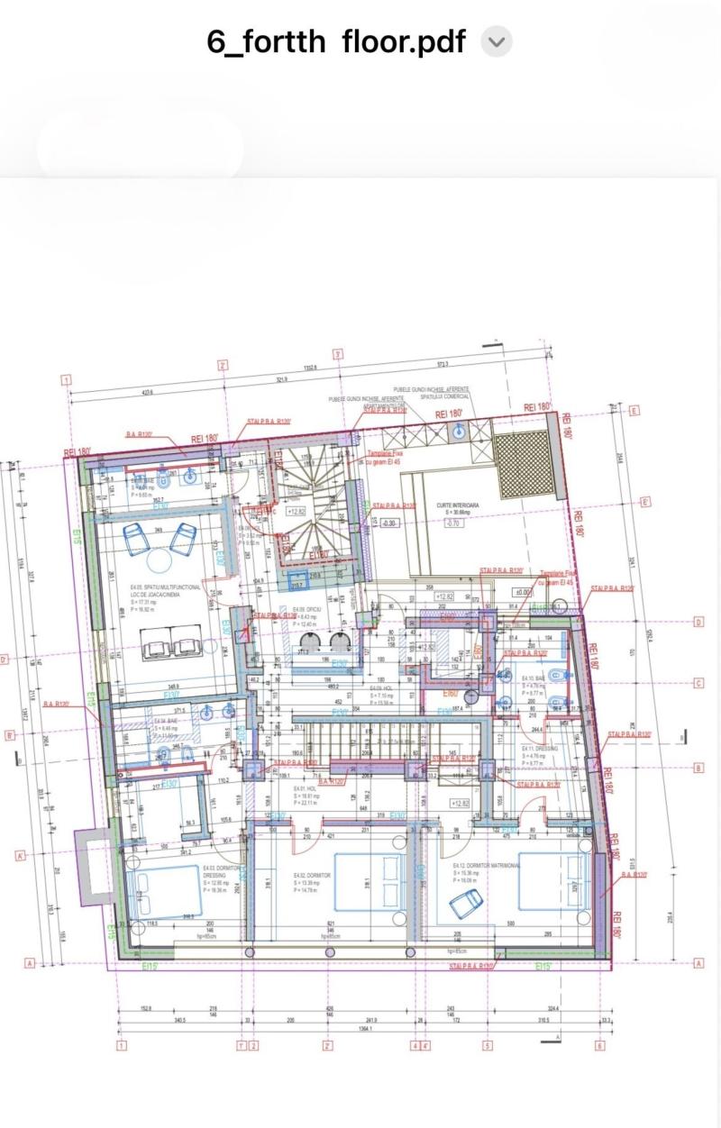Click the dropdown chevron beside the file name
pyautogui.click(x=497, y=41)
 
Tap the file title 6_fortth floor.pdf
pyautogui.click(x=336, y=41)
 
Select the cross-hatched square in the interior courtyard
pyautogui.click(x=525, y=465)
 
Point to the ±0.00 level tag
pyautogui.click(x=520, y=593)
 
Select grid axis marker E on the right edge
pyautogui.click(x=634, y=411)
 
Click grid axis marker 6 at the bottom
pyautogui.click(x=599, y=1046)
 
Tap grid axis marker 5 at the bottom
pyautogui.click(x=488, y=1046)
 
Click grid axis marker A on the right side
pyautogui.click(x=698, y=963)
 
